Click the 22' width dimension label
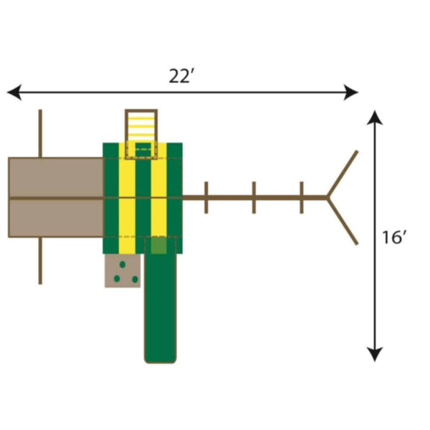(180, 76)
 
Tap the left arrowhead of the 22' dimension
(14, 92)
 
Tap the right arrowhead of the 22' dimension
(351, 92)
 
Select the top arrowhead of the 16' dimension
(375, 118)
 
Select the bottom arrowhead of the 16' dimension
(375, 355)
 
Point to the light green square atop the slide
(159, 245)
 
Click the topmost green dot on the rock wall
(123, 264)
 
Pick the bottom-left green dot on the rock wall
(117, 279)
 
